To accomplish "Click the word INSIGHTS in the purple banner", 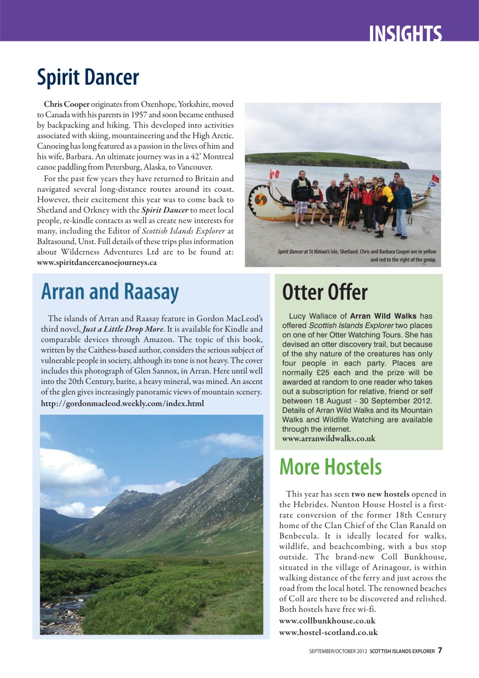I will click(405, 33).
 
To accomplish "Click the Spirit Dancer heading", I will click(88, 77).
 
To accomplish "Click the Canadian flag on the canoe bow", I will click(274, 174).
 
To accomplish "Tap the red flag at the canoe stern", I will click(435, 179).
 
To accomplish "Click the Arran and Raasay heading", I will click(110, 291).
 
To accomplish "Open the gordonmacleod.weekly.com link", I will click(122, 404).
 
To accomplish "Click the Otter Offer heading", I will click(324, 292).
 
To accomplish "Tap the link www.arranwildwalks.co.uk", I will click(329, 439).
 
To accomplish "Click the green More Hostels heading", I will click(330, 467).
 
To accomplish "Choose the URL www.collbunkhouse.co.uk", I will click(327, 621).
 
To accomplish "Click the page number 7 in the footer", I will click(440, 650).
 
